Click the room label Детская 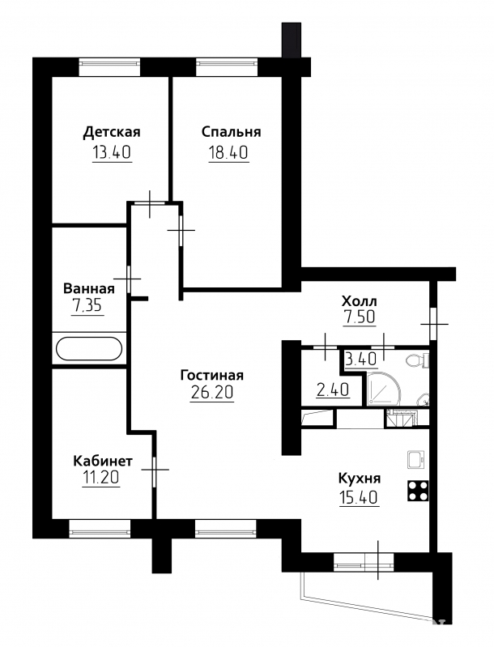(112, 132)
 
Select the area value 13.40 (112, 153)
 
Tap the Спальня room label (231, 132)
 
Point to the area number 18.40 (228, 153)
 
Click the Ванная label (89, 288)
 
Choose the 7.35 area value (87, 306)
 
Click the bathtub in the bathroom (89, 349)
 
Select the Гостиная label (212, 375)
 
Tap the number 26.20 (212, 393)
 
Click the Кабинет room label (103, 461)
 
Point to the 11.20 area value (101, 479)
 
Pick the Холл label (359, 300)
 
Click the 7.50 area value (359, 317)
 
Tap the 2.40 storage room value (333, 389)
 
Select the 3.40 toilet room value (360, 359)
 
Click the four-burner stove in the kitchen (418, 491)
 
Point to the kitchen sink (418, 459)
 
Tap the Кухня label (359, 479)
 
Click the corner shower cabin (384, 389)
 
